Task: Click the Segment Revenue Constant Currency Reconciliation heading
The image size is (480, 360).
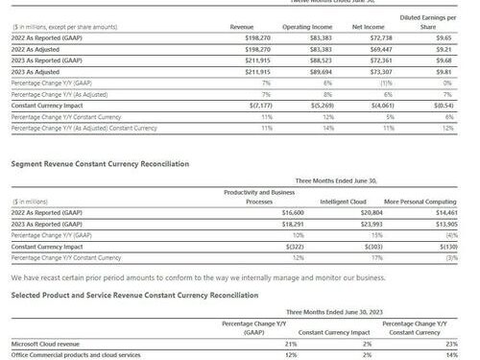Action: (100, 164)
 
